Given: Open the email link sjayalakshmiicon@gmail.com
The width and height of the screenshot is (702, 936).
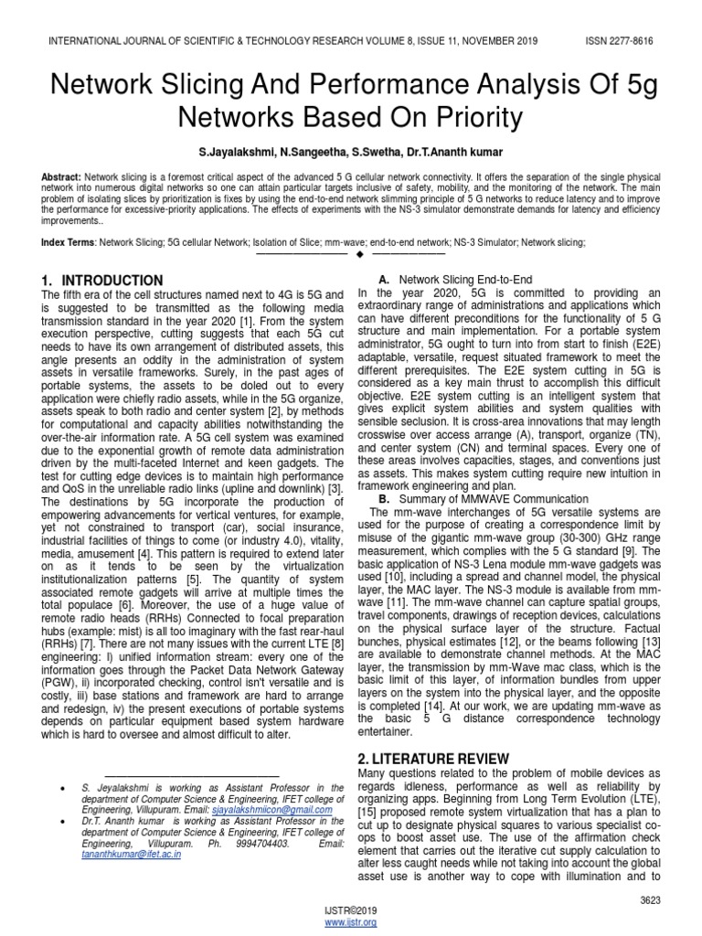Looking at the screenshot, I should tap(271, 810).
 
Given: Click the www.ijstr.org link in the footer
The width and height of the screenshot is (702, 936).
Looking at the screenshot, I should tap(351, 923).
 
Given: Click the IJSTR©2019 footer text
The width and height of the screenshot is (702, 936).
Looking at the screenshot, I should tap(351, 911).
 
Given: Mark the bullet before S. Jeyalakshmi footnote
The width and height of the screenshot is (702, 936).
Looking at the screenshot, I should tap(60, 786).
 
